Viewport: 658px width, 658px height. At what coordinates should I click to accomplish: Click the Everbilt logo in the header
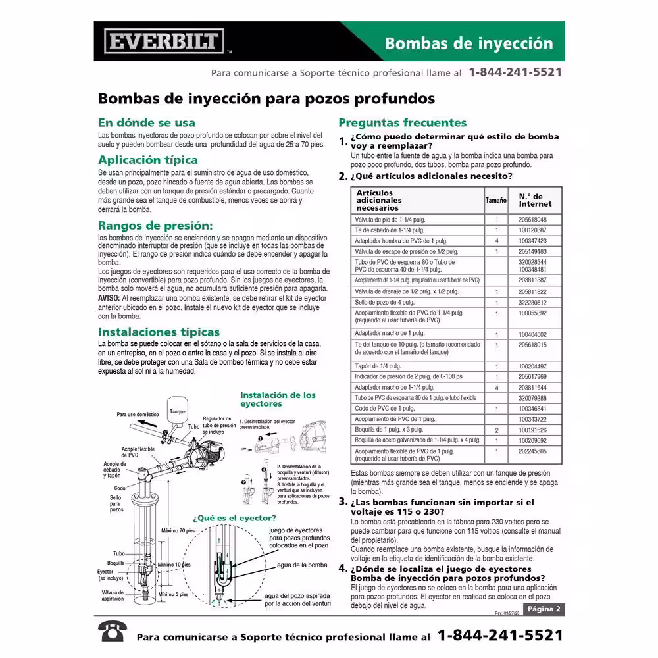coord(164,41)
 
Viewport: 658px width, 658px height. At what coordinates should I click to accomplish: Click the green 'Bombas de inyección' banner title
coord(468,43)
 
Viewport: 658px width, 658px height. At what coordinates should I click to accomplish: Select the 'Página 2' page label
coord(544,609)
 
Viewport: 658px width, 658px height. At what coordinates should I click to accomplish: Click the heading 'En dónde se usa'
coord(146,122)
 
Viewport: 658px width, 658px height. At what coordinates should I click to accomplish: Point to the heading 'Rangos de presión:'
coord(155,225)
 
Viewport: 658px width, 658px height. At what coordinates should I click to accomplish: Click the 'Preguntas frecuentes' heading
coord(402,122)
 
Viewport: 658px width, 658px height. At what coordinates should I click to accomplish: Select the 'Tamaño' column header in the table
coord(496,200)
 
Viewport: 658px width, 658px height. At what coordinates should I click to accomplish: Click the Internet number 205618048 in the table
coord(532,220)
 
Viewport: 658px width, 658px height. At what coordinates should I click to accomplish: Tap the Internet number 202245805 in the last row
coord(532,452)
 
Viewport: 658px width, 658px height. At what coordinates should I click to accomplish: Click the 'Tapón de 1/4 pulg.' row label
coord(378,366)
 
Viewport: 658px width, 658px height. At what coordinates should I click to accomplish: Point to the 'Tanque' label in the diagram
coord(178,411)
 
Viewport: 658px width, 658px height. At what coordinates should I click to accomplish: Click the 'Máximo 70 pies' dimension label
coord(178,530)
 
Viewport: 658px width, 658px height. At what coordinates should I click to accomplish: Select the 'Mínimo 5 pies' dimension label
coord(173,594)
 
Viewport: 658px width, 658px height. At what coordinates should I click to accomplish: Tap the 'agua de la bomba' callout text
coord(302,565)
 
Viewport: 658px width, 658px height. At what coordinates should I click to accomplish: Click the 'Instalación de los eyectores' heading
coord(278,399)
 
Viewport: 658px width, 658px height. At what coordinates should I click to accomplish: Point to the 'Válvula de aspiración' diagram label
coord(113,595)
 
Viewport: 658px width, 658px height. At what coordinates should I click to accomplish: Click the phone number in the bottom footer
coord(500,636)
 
